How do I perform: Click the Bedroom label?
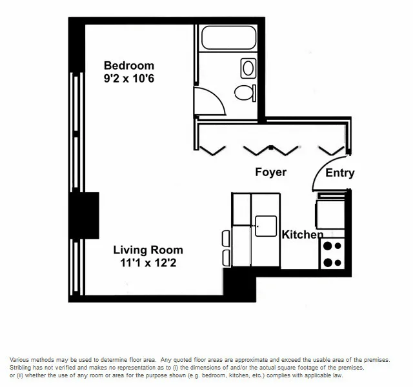(129, 65)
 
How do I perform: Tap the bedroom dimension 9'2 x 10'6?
(129, 79)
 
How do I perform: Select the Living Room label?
(148, 250)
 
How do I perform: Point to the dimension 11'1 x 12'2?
(148, 263)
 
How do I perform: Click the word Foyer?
(270, 172)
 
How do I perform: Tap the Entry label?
(339, 173)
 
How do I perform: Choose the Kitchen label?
(302, 235)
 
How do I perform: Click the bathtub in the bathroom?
(228, 37)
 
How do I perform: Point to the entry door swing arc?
(323, 171)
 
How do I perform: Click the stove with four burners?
(332, 253)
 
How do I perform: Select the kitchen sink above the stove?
(330, 212)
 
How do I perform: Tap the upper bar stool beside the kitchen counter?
(226, 238)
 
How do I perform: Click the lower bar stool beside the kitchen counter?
(226, 257)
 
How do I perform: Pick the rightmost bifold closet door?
(332, 150)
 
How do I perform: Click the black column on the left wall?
(84, 215)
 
